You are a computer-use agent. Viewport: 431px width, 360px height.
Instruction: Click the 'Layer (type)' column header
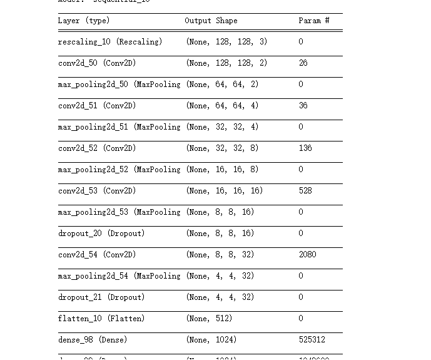coord(84,21)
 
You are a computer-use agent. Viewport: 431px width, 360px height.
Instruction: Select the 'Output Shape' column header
coord(211,21)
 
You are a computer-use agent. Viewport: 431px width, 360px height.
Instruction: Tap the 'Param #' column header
coord(314,21)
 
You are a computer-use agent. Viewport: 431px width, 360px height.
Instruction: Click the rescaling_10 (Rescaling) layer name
coord(110,42)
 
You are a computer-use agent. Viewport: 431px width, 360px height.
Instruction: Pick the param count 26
coord(303,63)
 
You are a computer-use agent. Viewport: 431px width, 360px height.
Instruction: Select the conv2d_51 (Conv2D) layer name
coord(97,106)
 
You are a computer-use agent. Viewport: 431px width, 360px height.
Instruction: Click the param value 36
coord(303,106)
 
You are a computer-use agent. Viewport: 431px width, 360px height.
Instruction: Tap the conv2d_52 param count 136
coord(305,148)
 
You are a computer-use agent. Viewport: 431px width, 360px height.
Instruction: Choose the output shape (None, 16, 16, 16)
coord(225,191)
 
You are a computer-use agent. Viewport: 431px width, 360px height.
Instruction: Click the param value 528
coord(305,191)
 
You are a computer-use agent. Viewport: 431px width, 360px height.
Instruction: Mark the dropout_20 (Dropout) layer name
coord(101,234)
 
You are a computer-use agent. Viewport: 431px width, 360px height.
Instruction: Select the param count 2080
coord(307,255)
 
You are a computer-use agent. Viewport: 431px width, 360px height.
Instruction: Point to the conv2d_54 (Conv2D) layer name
coord(97,255)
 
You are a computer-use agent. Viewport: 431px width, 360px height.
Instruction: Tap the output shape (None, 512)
coord(209,319)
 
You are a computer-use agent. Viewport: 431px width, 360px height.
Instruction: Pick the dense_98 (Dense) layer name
coord(93,340)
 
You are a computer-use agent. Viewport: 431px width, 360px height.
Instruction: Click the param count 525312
coord(312,340)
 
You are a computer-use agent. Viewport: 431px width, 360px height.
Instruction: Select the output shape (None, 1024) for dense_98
coord(211,340)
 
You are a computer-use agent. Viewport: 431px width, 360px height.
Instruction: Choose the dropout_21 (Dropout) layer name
coord(101,297)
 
